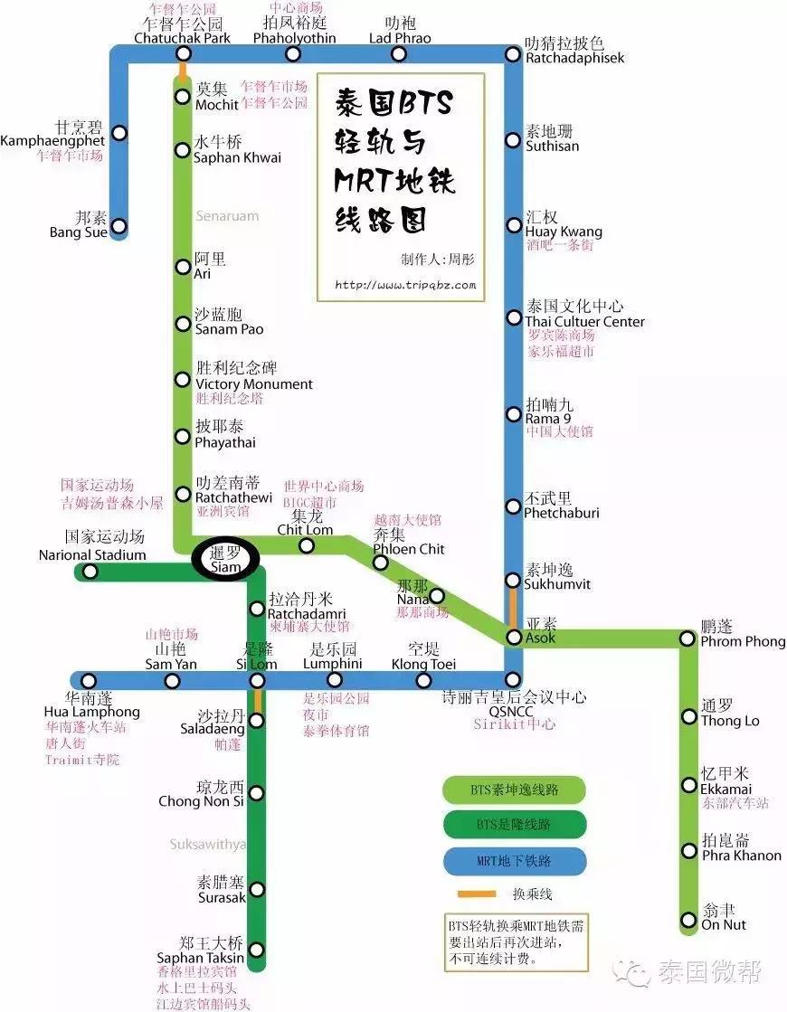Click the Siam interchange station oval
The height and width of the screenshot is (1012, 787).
pyautogui.click(x=225, y=560)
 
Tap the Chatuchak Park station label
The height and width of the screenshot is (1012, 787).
pyautogui.click(x=182, y=38)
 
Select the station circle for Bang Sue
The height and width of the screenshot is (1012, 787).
pyautogui.click(x=118, y=226)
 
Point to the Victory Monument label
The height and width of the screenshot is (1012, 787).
pyautogui.click(x=254, y=383)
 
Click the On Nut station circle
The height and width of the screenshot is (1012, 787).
pyautogui.click(x=689, y=920)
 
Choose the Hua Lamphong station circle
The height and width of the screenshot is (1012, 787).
pyautogui.click(x=89, y=680)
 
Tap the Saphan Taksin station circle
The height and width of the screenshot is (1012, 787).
pyautogui.click(x=257, y=950)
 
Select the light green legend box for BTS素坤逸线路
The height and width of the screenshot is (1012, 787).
pyautogui.click(x=514, y=790)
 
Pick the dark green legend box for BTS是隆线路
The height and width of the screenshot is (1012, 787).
pyautogui.click(x=514, y=825)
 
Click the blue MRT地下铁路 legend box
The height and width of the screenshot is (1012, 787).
pyautogui.click(x=514, y=860)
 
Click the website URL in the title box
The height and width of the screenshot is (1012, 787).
pyautogui.click(x=404, y=285)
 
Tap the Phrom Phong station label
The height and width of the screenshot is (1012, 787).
pyautogui.click(x=743, y=641)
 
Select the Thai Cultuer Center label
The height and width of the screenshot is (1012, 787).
pyautogui.click(x=585, y=321)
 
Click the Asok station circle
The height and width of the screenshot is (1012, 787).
pyautogui.click(x=513, y=638)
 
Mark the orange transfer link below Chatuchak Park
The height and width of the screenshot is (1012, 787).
pyautogui.click(x=183, y=70)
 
